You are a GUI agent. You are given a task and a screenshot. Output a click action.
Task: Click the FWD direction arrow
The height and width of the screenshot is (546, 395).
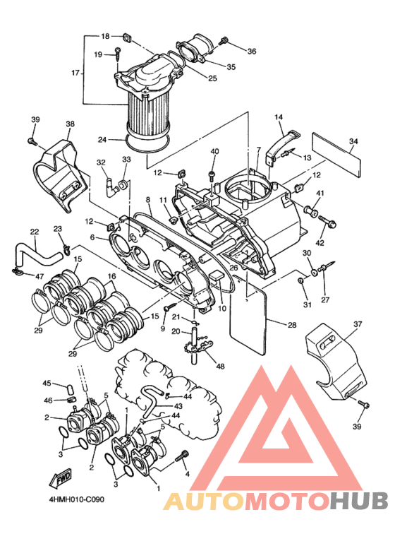tap(61, 478)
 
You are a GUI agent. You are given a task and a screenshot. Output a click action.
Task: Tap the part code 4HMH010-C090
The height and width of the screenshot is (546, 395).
tap(77, 499)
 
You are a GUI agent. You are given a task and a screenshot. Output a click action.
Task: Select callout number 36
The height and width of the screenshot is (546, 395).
tap(252, 51)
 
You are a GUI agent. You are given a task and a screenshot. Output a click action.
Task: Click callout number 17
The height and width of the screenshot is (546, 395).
tap(75, 73)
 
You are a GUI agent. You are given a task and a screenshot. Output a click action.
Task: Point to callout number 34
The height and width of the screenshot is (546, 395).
tap(353, 141)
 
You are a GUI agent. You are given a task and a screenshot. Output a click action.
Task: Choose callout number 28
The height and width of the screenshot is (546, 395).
tap(292, 325)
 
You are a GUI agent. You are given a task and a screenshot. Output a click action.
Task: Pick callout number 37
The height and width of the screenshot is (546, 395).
tap(358, 324)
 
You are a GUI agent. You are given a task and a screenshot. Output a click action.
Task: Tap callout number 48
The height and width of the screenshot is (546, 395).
tap(220, 366)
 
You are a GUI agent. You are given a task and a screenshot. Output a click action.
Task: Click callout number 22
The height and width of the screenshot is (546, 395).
tap(35, 232)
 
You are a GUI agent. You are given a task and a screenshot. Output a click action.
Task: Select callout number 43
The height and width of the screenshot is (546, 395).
tap(178, 406)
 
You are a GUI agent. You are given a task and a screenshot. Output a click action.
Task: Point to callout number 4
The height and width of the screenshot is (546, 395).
tap(188, 474)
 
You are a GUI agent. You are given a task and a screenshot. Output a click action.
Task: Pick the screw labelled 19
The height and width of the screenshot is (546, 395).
tap(119, 54)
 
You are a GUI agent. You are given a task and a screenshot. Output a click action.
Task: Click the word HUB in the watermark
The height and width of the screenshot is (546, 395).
tap(359, 502)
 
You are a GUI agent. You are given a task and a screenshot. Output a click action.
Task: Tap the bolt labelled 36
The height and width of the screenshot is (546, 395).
tap(223, 41)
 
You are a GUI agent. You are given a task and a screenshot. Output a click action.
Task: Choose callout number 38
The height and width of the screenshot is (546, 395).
tap(70, 124)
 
